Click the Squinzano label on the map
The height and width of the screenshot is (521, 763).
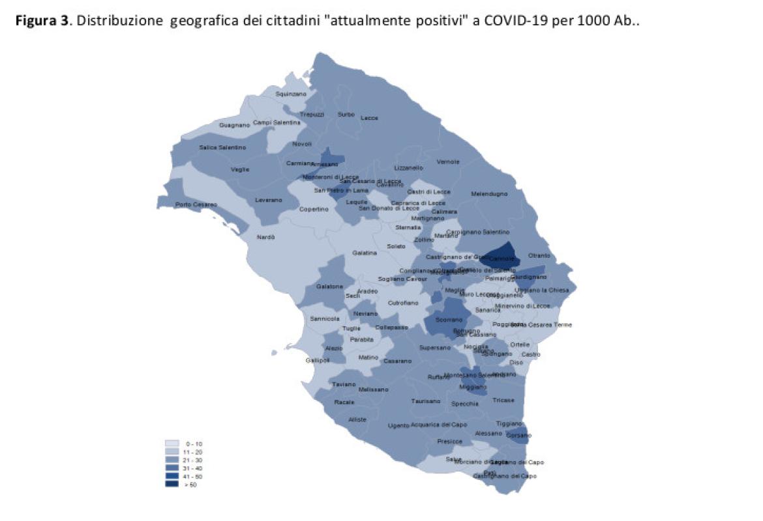tap(291, 94)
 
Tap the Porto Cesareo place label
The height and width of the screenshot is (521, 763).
tap(192, 205)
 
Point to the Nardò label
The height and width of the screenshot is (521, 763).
tap(266, 237)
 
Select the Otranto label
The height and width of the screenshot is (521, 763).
tap(539, 255)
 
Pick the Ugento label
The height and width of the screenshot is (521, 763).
tap(398, 425)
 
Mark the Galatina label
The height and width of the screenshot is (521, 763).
tap(365, 253)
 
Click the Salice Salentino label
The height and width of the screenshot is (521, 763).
tap(222, 147)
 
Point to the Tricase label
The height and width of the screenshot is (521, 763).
tap(503, 400)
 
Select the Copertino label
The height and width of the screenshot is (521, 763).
tap(314, 209)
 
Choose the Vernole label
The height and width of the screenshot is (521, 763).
tap(448, 162)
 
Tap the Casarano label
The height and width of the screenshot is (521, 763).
tap(398, 361)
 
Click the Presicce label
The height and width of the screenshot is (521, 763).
tap(450, 441)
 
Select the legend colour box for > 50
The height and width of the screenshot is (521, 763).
tap(172, 484)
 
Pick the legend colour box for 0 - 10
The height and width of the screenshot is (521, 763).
tap(172, 444)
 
